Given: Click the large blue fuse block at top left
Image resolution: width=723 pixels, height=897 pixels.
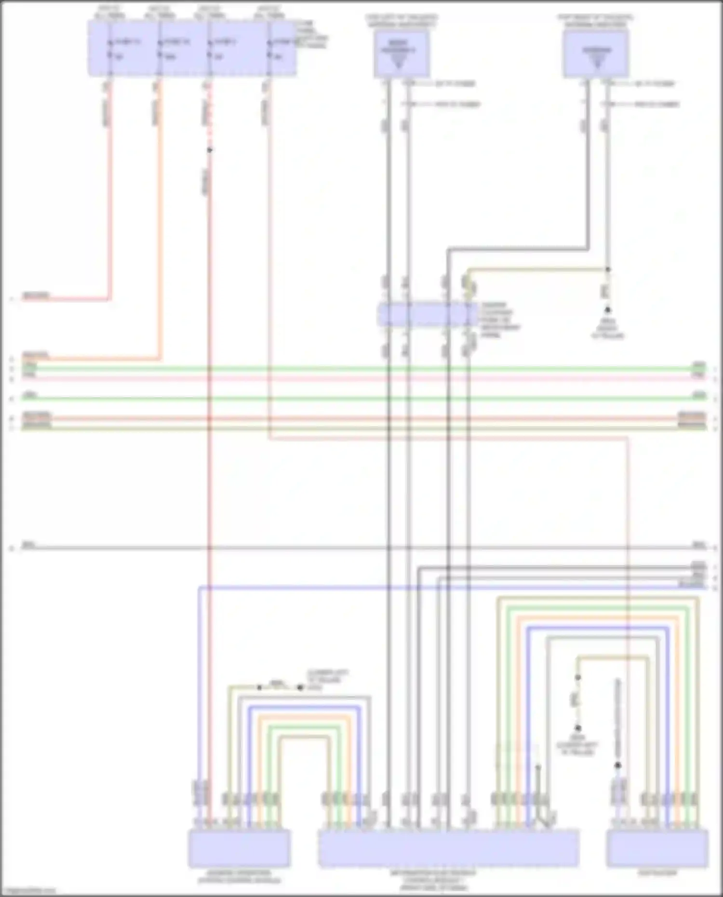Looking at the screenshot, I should [x=192, y=48].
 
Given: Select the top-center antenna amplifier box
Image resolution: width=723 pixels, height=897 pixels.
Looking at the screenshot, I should [x=401, y=54].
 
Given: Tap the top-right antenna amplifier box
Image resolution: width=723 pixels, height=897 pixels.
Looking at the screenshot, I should [x=596, y=54].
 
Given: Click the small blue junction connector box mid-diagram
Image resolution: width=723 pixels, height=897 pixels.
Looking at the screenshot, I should [x=427, y=314].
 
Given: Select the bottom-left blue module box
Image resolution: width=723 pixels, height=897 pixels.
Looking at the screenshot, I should [x=239, y=848].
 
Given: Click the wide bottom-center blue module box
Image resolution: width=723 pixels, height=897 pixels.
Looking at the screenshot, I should [x=448, y=848].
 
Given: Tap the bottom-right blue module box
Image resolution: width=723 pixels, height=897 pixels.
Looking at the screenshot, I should [x=657, y=848].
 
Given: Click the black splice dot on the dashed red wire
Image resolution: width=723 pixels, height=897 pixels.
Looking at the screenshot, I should [x=209, y=150].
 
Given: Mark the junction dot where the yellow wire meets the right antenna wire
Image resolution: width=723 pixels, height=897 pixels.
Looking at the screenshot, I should [x=608, y=269].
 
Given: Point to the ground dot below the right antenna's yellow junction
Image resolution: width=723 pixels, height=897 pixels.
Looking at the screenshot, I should [x=608, y=310].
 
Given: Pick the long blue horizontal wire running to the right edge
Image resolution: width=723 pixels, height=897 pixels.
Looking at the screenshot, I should [x=434, y=588].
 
